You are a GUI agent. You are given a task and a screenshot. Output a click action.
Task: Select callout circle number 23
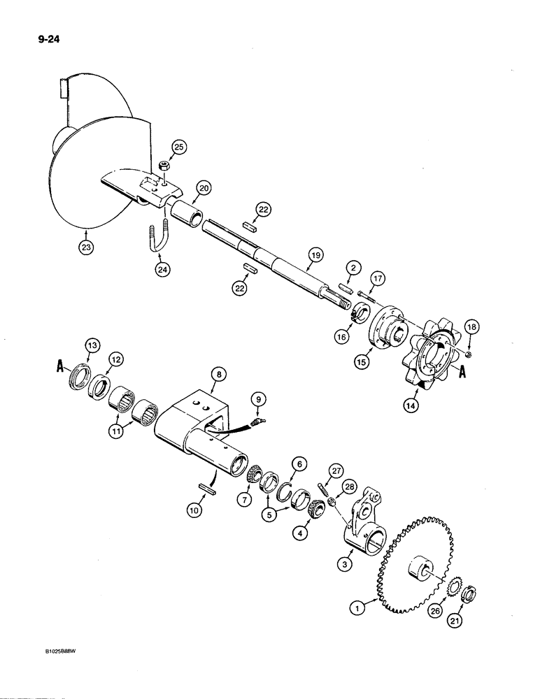click(85, 246)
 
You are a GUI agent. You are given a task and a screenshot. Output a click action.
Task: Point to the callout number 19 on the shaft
click(315, 257)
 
